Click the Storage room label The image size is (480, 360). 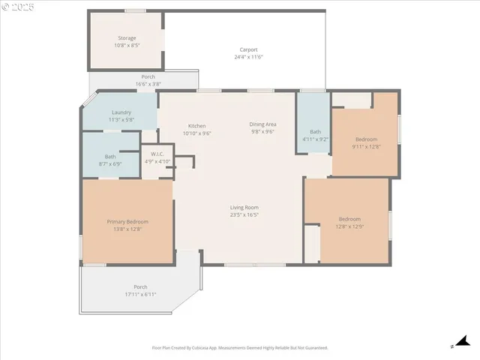pos(127,37)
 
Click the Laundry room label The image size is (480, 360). pos(121,112)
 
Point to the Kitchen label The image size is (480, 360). pos(196,125)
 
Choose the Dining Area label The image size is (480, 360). pos(262,124)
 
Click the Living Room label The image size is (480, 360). pos(244,207)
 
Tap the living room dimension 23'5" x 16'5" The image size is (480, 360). pos(244,214)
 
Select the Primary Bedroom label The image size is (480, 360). pos(127,221)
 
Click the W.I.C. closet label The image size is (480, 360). pos(157,154)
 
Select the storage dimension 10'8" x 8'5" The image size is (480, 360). pos(127,45)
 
